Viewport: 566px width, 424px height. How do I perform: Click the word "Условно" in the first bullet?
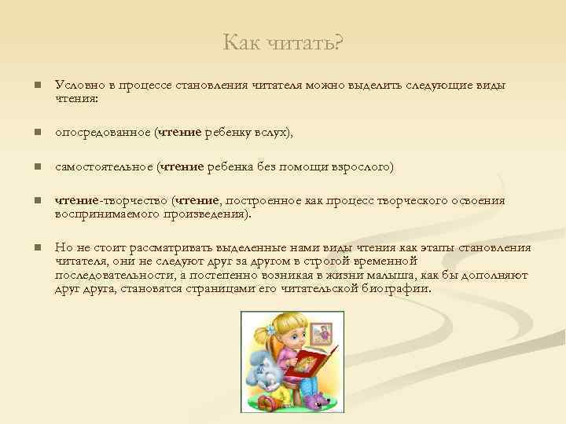[x=77, y=85]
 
